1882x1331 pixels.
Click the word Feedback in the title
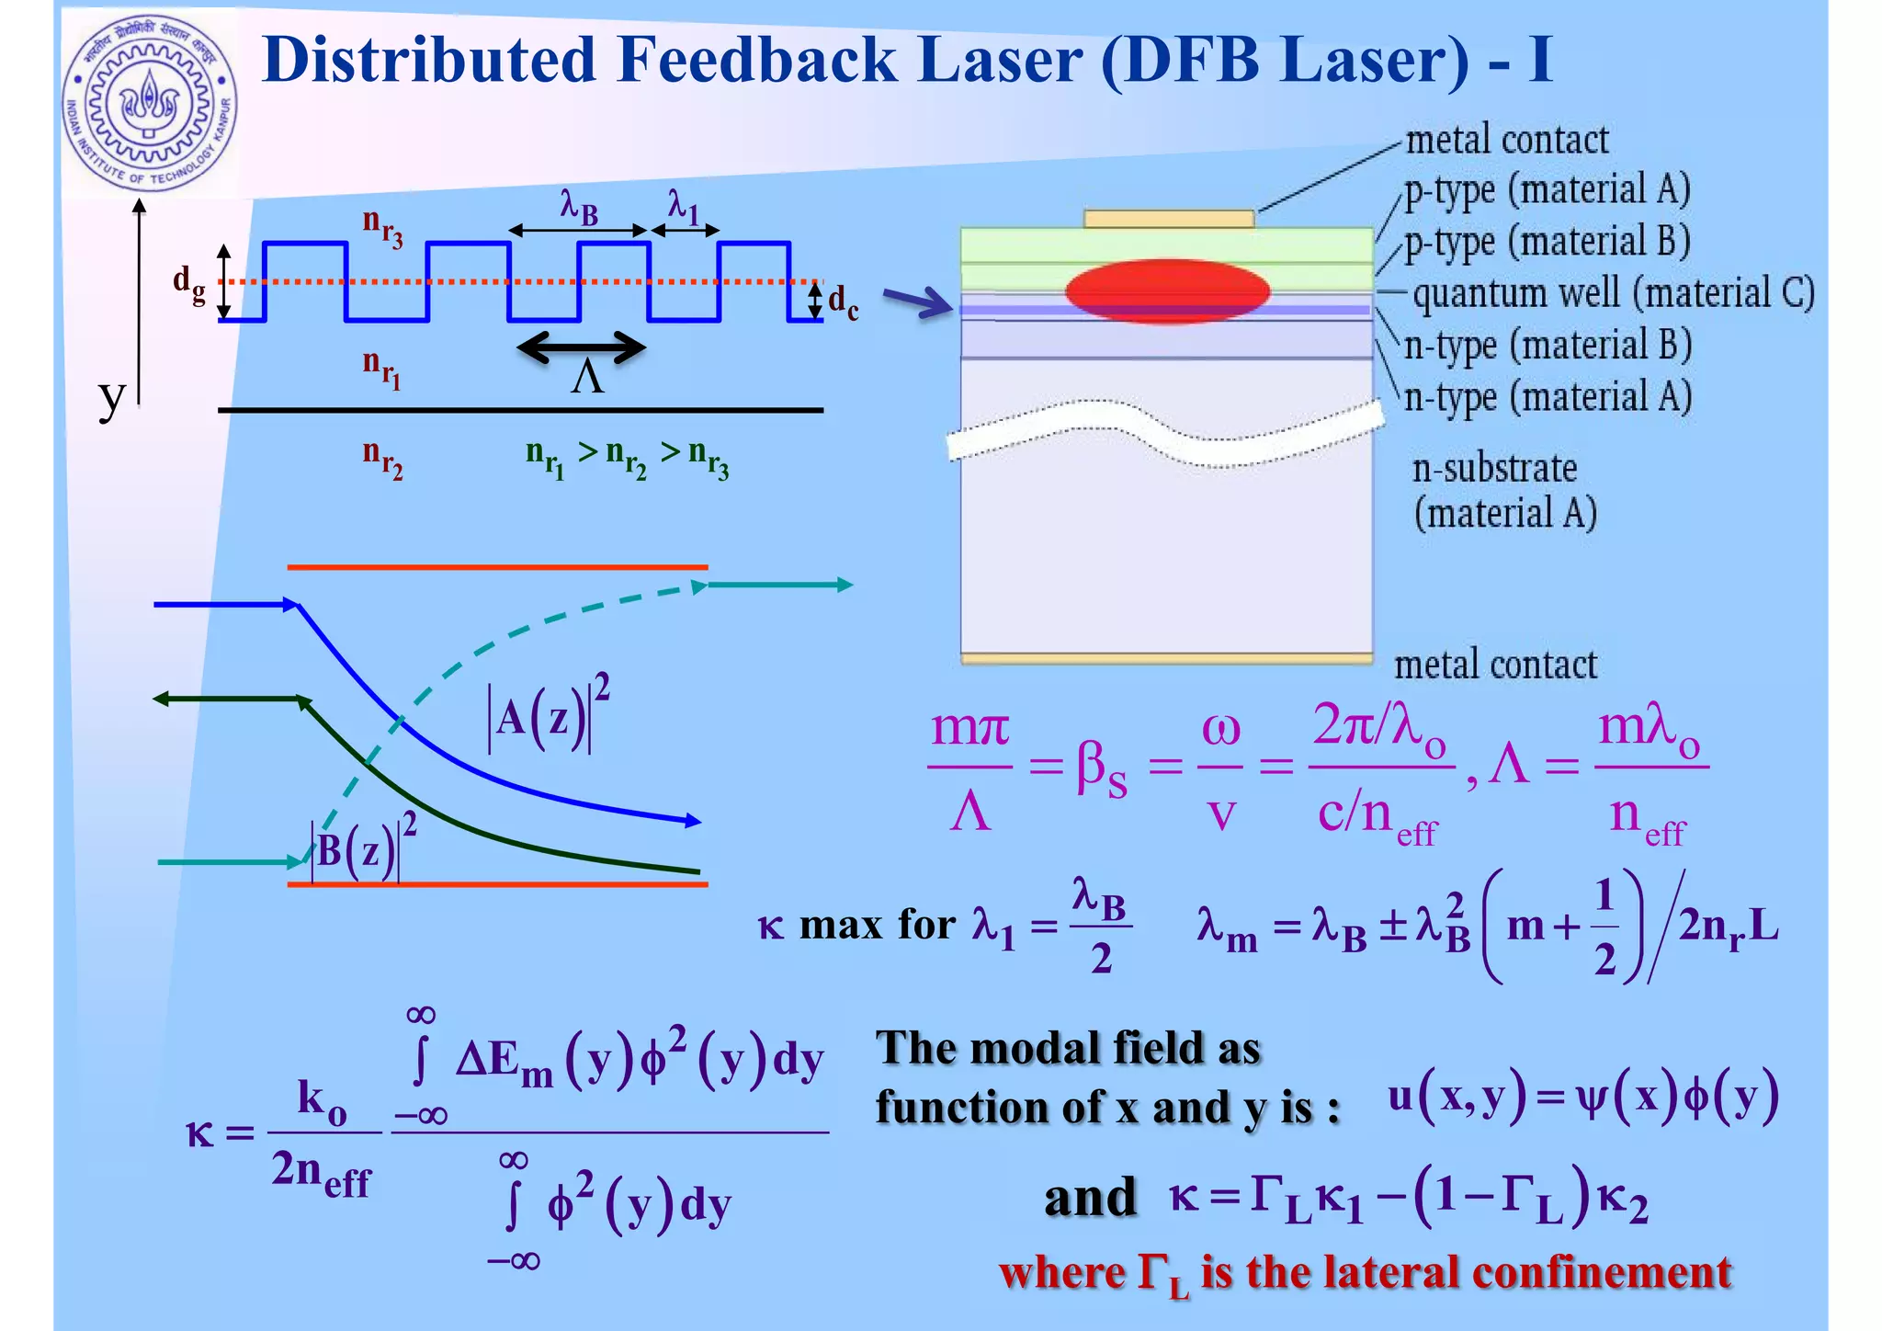tap(757, 61)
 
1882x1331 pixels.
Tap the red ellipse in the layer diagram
tap(1167, 290)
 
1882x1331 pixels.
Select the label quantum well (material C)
tap(1613, 293)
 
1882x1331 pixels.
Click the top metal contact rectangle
tap(1168, 219)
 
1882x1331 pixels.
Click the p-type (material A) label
tap(1547, 190)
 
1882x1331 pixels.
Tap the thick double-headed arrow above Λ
tap(581, 347)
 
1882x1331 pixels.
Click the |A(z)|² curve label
tap(549, 715)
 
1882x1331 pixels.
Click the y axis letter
tap(111, 397)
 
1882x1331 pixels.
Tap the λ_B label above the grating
tap(579, 206)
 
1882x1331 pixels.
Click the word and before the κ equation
tap(1090, 1198)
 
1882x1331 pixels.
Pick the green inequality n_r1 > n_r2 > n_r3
tap(627, 457)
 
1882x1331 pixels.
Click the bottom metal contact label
tap(1495, 665)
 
